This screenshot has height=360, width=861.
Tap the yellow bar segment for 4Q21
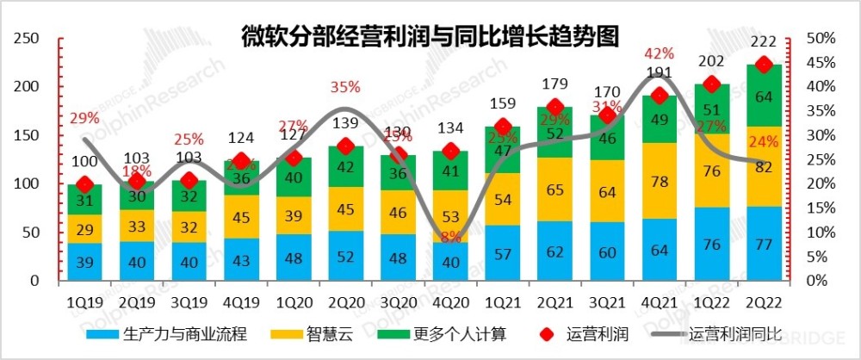pos(658,181)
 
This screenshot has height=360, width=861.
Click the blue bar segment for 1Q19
pos(84,262)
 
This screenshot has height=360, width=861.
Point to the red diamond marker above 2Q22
pos(762,65)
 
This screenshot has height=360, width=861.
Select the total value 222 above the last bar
pos(762,45)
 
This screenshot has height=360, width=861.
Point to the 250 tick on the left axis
pos(28,39)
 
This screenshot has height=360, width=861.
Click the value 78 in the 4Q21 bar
pos(658,181)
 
